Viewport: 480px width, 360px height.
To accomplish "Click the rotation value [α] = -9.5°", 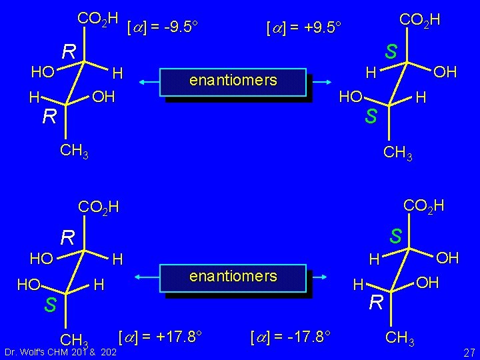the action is [164, 27].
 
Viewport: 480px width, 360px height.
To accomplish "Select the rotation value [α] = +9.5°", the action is [303, 29].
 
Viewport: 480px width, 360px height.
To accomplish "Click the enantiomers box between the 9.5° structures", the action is [233, 81].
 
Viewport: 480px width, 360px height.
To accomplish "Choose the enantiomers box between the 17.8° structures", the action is [233, 277].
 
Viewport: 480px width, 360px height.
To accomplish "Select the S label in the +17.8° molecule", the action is [50, 305].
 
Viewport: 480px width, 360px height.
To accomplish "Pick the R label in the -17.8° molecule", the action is [376, 304].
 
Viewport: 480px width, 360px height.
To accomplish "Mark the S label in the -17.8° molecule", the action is [396, 237].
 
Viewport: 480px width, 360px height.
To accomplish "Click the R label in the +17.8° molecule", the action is [67, 237].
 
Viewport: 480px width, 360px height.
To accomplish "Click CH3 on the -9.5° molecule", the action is [74, 151].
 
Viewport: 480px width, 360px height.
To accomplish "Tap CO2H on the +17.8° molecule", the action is [99, 207].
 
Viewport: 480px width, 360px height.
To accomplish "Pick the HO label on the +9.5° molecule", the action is [351, 97].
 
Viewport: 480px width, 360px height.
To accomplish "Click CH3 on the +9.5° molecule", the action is [399, 155].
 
